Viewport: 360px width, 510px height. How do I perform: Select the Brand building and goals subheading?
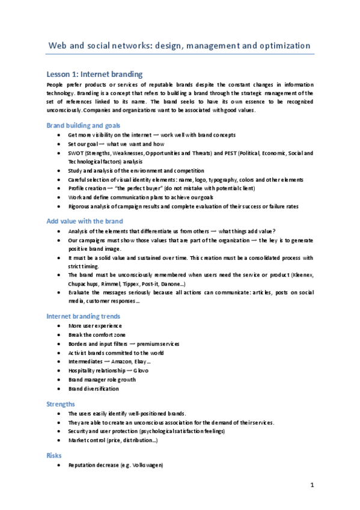[x=83, y=125]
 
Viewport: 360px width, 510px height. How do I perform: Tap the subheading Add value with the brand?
[x=84, y=221]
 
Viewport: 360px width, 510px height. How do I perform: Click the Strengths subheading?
[x=61, y=404]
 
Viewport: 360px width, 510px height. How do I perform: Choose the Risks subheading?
[x=54, y=456]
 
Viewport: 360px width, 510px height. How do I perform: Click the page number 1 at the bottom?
[x=313, y=485]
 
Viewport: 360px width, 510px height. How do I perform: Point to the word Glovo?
[x=139, y=370]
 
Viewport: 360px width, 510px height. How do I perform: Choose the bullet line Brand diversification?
[x=93, y=389]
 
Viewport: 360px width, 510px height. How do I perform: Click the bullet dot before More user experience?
[x=57, y=325]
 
